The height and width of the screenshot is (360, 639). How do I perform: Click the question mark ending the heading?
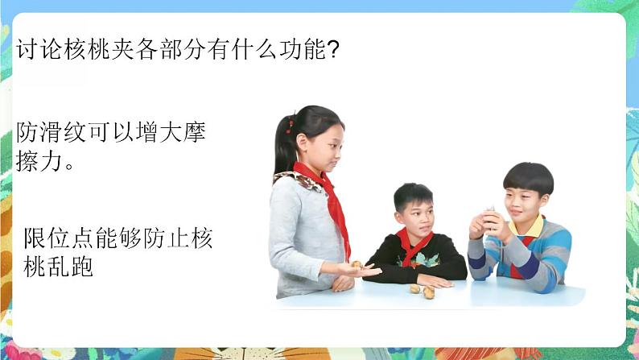click(333, 49)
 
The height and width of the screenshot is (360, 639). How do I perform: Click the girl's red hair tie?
click(291, 125)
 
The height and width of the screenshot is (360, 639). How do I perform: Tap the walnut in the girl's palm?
click(357, 265)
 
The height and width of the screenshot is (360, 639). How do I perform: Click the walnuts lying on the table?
click(423, 291)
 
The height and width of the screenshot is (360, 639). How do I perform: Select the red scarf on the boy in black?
click(412, 245)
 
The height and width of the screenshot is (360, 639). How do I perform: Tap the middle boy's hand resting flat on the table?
click(435, 281)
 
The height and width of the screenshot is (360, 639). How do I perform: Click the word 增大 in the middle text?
click(159, 132)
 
